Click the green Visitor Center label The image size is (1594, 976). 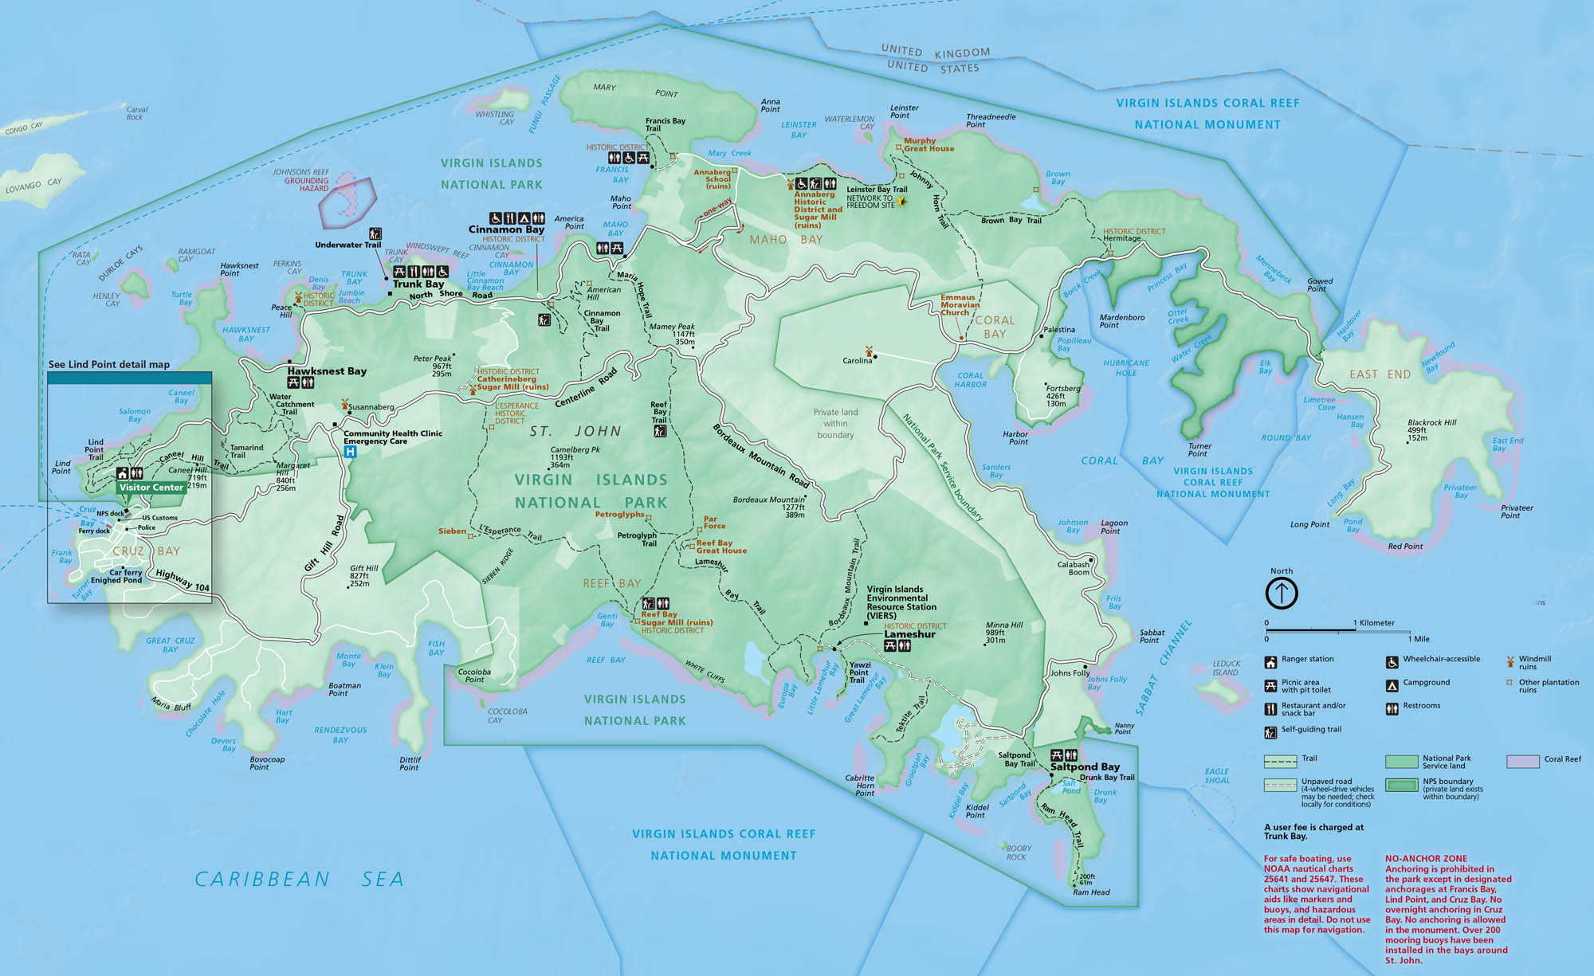[x=151, y=487]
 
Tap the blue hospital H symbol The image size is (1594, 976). [x=349, y=452]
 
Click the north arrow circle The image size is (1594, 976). [x=1282, y=593]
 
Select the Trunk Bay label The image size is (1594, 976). [x=418, y=284]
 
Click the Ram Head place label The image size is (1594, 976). [x=1091, y=892]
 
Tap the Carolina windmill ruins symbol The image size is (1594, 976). [x=869, y=350]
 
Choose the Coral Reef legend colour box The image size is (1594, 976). [x=1522, y=762]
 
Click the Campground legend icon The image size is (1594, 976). [x=1392, y=685]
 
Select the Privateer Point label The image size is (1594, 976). [x=1517, y=512]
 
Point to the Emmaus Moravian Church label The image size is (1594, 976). [x=960, y=304]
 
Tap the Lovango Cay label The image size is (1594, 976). [x=33, y=186]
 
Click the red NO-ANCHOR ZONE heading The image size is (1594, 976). [x=1426, y=859]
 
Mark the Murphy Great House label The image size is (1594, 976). [x=929, y=144]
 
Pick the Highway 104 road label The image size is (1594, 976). [x=183, y=580]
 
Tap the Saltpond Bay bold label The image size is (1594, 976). [x=1085, y=766]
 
